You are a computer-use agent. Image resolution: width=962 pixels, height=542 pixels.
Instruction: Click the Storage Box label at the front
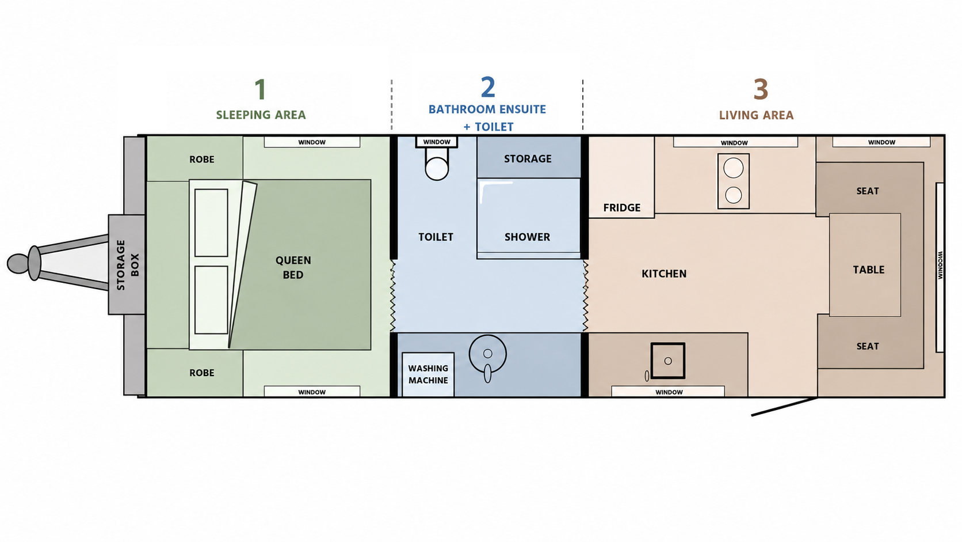[x=128, y=265]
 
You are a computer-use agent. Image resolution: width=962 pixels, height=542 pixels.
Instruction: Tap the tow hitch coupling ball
[x=17, y=263]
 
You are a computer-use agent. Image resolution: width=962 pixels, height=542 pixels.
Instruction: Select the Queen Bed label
[x=293, y=267]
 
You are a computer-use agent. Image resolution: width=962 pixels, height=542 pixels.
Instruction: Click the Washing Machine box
[x=428, y=374]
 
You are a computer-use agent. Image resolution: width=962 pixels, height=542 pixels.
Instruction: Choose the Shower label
[x=527, y=237]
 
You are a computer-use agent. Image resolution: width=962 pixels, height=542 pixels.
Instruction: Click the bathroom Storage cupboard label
[x=528, y=158]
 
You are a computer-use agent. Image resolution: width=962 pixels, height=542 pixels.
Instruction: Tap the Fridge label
[x=621, y=207]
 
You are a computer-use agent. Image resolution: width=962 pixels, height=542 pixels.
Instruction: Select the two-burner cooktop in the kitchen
[x=733, y=181]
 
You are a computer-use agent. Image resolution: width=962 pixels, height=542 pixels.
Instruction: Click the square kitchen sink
[x=668, y=361]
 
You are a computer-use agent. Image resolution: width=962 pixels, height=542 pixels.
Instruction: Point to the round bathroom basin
[x=487, y=354]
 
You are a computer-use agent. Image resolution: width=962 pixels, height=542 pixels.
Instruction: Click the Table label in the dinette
[x=868, y=270]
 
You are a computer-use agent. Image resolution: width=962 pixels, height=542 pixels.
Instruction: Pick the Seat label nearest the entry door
[x=868, y=346]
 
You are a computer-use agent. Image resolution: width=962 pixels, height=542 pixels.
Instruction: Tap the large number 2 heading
[x=488, y=87]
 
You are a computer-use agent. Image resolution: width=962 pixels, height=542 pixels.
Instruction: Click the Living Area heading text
[x=756, y=115]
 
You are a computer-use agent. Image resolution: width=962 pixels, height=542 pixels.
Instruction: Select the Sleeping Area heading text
[x=261, y=115]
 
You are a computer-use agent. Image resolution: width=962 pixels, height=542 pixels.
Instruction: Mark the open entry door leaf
[x=784, y=407]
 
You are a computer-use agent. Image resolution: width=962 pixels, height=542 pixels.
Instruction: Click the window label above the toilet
[x=437, y=142]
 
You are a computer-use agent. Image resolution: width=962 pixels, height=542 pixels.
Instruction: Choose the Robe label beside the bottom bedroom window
[x=202, y=373]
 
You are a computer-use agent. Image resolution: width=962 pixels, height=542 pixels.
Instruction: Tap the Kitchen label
[x=664, y=274]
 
